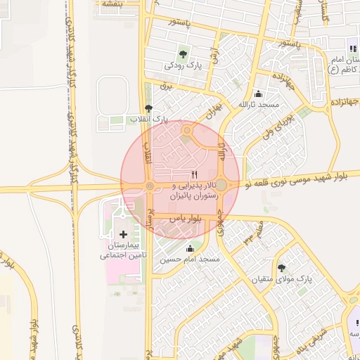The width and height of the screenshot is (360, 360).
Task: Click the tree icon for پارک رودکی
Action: click(x=184, y=53)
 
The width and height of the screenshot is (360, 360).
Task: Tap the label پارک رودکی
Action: click(x=184, y=65)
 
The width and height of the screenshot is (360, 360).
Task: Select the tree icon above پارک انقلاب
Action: click(x=148, y=109)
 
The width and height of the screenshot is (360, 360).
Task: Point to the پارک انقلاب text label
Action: click(x=148, y=120)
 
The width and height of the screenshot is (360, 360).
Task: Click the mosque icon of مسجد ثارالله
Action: click(x=259, y=94)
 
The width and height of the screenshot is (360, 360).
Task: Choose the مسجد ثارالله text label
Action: click(x=259, y=105)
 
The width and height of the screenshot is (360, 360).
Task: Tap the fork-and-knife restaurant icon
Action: click(x=195, y=175)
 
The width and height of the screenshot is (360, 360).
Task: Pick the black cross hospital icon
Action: click(x=124, y=233)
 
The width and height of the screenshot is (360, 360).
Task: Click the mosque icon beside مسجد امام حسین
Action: click(x=189, y=247)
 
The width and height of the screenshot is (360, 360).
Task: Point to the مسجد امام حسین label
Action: click(x=189, y=259)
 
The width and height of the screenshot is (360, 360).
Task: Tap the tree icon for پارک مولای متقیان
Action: click(x=282, y=268)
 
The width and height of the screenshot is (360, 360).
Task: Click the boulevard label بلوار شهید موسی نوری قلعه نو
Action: click(x=302, y=179)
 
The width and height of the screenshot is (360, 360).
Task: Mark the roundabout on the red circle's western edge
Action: click(x=149, y=186)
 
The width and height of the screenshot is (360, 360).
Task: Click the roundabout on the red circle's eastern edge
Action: click(x=221, y=184)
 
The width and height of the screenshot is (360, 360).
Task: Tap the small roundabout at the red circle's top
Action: click(x=187, y=130)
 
